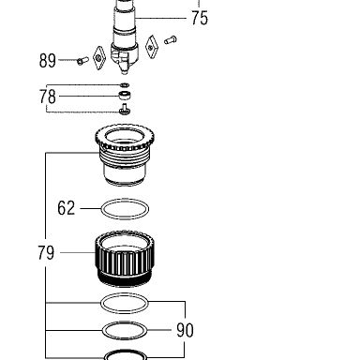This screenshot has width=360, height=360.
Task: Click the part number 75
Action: (200, 18)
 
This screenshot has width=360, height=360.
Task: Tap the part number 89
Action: (48, 61)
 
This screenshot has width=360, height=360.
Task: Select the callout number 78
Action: (48, 97)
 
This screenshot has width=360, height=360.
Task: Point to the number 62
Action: (67, 208)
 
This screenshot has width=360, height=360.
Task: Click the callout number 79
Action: (46, 252)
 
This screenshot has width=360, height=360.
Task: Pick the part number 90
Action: (185, 330)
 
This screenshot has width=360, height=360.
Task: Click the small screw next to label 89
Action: (82, 61)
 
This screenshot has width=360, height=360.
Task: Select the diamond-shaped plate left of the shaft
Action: (99, 58)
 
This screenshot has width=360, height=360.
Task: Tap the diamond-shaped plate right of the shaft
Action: (152, 47)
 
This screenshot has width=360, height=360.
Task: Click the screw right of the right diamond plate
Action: (171, 40)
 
